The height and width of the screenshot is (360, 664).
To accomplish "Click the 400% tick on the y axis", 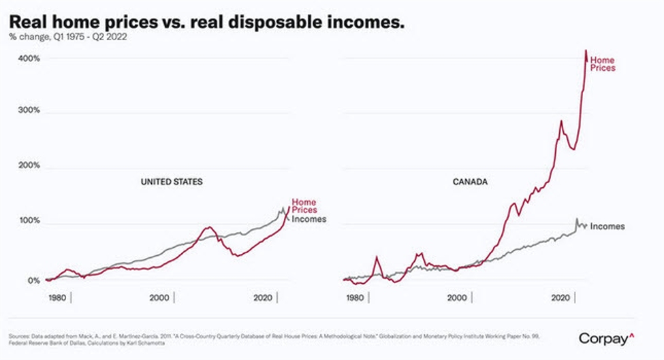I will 29,59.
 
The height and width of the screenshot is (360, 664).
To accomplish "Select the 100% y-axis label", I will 29,223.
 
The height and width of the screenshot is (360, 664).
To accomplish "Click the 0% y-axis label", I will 32,280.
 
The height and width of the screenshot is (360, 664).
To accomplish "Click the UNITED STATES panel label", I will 172,182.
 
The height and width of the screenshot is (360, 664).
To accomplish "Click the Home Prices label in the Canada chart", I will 602,64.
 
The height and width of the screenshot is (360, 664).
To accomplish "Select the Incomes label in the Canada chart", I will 607,226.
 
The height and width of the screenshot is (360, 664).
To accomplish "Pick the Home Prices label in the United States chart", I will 304,206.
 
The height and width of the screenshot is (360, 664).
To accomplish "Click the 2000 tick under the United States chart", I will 159,298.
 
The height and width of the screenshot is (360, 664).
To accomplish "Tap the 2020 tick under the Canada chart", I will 560,298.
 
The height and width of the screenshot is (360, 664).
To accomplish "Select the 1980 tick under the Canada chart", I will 353,298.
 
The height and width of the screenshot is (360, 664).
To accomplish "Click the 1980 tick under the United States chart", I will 56,298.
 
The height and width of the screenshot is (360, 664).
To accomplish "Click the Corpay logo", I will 607,338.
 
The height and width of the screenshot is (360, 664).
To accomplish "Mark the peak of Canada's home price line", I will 585,50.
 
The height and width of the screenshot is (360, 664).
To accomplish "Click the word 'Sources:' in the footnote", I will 21,336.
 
